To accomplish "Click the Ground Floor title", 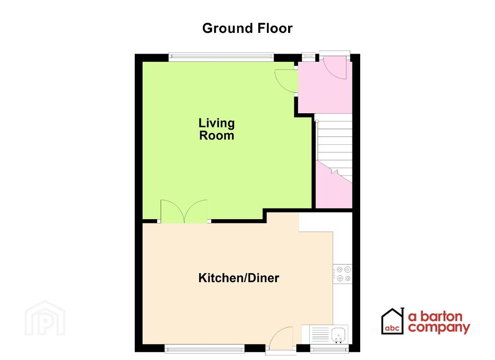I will pyautogui.click(x=247, y=28).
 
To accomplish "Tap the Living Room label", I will pyautogui.click(x=217, y=129).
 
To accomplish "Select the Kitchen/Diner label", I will pyautogui.click(x=239, y=278).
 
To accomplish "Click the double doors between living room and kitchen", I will pyautogui.click(x=184, y=212).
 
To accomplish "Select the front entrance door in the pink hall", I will pyautogui.click(x=334, y=67).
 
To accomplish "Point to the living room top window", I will pyautogui.click(x=221, y=57).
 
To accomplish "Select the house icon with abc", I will pyautogui.click(x=392, y=321).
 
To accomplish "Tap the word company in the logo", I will pyautogui.click(x=438, y=329).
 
